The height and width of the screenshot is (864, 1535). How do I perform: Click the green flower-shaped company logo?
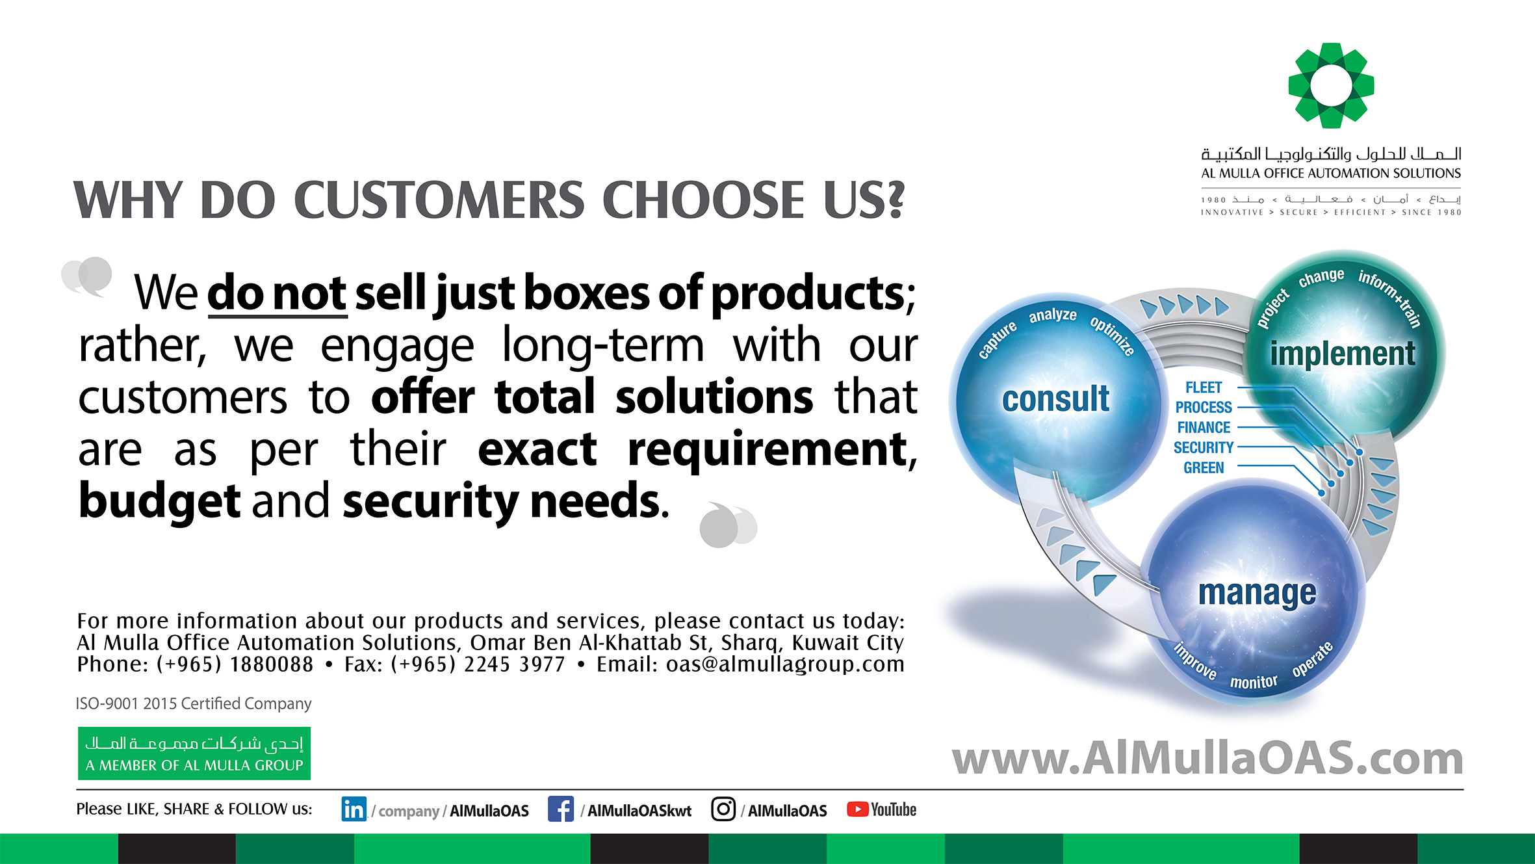pyautogui.click(x=1331, y=85)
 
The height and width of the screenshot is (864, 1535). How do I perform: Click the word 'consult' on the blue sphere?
pyautogui.click(x=1055, y=399)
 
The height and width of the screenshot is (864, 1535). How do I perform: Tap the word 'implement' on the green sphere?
pyautogui.click(x=1343, y=354)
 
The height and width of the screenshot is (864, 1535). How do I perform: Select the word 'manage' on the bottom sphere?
pyautogui.click(x=1257, y=593)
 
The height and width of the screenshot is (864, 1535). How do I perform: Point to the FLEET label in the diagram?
pyautogui.click(x=1204, y=387)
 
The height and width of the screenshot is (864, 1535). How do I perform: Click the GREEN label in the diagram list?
pyautogui.click(x=1204, y=467)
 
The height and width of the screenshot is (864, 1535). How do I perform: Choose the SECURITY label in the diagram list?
pyautogui.click(x=1203, y=447)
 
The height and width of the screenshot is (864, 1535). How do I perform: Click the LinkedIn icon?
pyautogui.click(x=354, y=809)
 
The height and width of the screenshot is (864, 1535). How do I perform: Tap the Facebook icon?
pyautogui.click(x=560, y=809)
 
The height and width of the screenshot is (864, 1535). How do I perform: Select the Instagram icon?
pyautogui.click(x=723, y=809)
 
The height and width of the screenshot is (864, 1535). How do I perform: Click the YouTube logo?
pyautogui.click(x=881, y=809)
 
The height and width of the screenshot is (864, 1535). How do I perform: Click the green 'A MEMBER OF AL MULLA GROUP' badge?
pyautogui.click(x=194, y=753)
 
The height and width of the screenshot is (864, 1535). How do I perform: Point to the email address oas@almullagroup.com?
pyautogui.click(x=785, y=664)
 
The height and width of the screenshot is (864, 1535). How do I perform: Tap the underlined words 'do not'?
pyautogui.click(x=277, y=294)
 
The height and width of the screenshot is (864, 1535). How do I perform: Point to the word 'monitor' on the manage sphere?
pyautogui.click(x=1253, y=682)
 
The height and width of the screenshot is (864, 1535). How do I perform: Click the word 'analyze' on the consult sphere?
pyautogui.click(x=1052, y=315)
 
